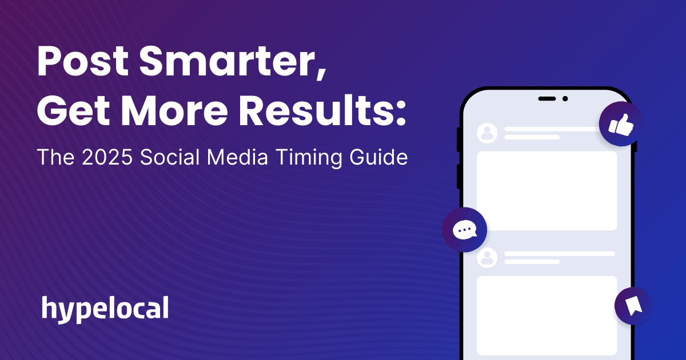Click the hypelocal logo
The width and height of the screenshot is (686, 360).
point(105,309)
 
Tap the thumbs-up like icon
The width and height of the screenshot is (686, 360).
point(621,124)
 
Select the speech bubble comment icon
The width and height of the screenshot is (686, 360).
point(464,230)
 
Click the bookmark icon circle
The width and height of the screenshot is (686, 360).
point(633,306)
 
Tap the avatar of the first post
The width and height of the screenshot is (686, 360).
point(487,133)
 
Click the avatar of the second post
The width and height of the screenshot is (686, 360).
point(487,258)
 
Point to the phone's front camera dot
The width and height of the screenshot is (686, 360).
point(565,99)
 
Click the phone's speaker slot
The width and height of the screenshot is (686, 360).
point(547,99)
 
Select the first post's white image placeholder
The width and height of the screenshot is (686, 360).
point(547,191)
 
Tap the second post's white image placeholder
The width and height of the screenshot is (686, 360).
point(547,315)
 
